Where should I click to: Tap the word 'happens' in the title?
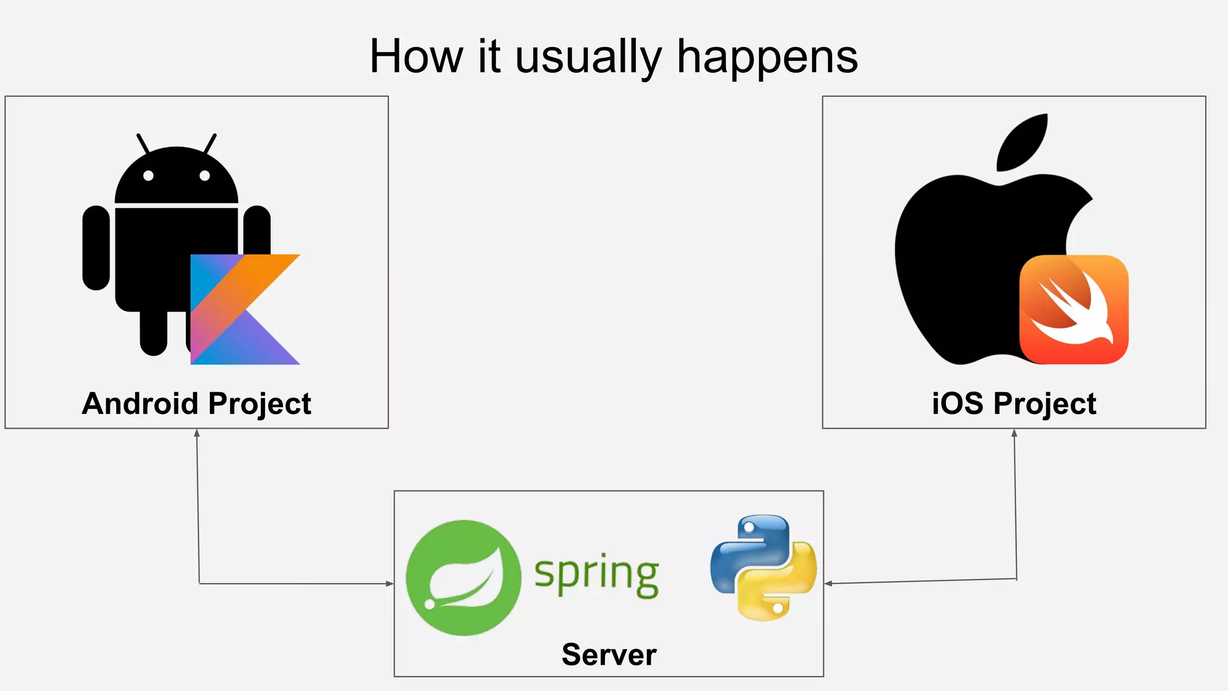tap(767, 58)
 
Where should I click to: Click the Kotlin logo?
tap(245, 310)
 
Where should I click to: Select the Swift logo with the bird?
tap(1074, 310)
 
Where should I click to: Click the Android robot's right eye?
tap(204, 176)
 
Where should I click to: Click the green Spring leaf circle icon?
tap(463, 578)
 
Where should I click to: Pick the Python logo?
tap(763, 567)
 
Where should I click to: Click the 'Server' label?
tap(609, 654)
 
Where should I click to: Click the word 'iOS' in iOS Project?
tap(957, 404)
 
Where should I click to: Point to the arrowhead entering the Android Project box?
tap(197, 432)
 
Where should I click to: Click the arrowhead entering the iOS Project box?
tap(1014, 432)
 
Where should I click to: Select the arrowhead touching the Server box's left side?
tap(390, 584)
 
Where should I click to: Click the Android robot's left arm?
tap(96, 248)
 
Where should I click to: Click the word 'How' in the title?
tap(416, 57)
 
